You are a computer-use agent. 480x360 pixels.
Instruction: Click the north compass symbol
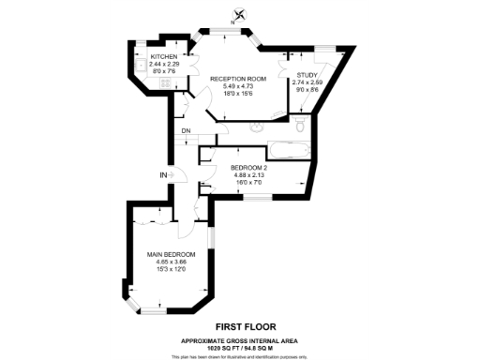(239, 14)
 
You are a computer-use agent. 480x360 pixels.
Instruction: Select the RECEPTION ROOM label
(238, 79)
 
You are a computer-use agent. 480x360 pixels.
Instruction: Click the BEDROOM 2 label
(248, 168)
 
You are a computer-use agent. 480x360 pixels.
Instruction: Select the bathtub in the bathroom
(287, 147)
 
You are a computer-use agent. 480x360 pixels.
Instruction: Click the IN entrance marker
(162, 175)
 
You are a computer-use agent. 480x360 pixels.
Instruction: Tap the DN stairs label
(187, 130)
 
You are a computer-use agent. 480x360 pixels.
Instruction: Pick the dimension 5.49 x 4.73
(238, 86)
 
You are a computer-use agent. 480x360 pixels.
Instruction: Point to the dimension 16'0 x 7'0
(248, 183)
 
